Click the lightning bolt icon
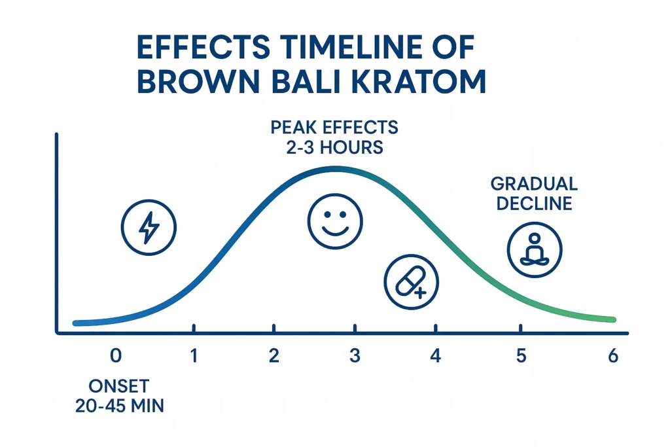(149, 228)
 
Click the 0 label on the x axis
(116, 356)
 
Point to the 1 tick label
(194, 356)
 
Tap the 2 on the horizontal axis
(273, 356)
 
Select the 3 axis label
(354, 356)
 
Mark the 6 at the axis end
(612, 356)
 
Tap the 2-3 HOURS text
(336, 147)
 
